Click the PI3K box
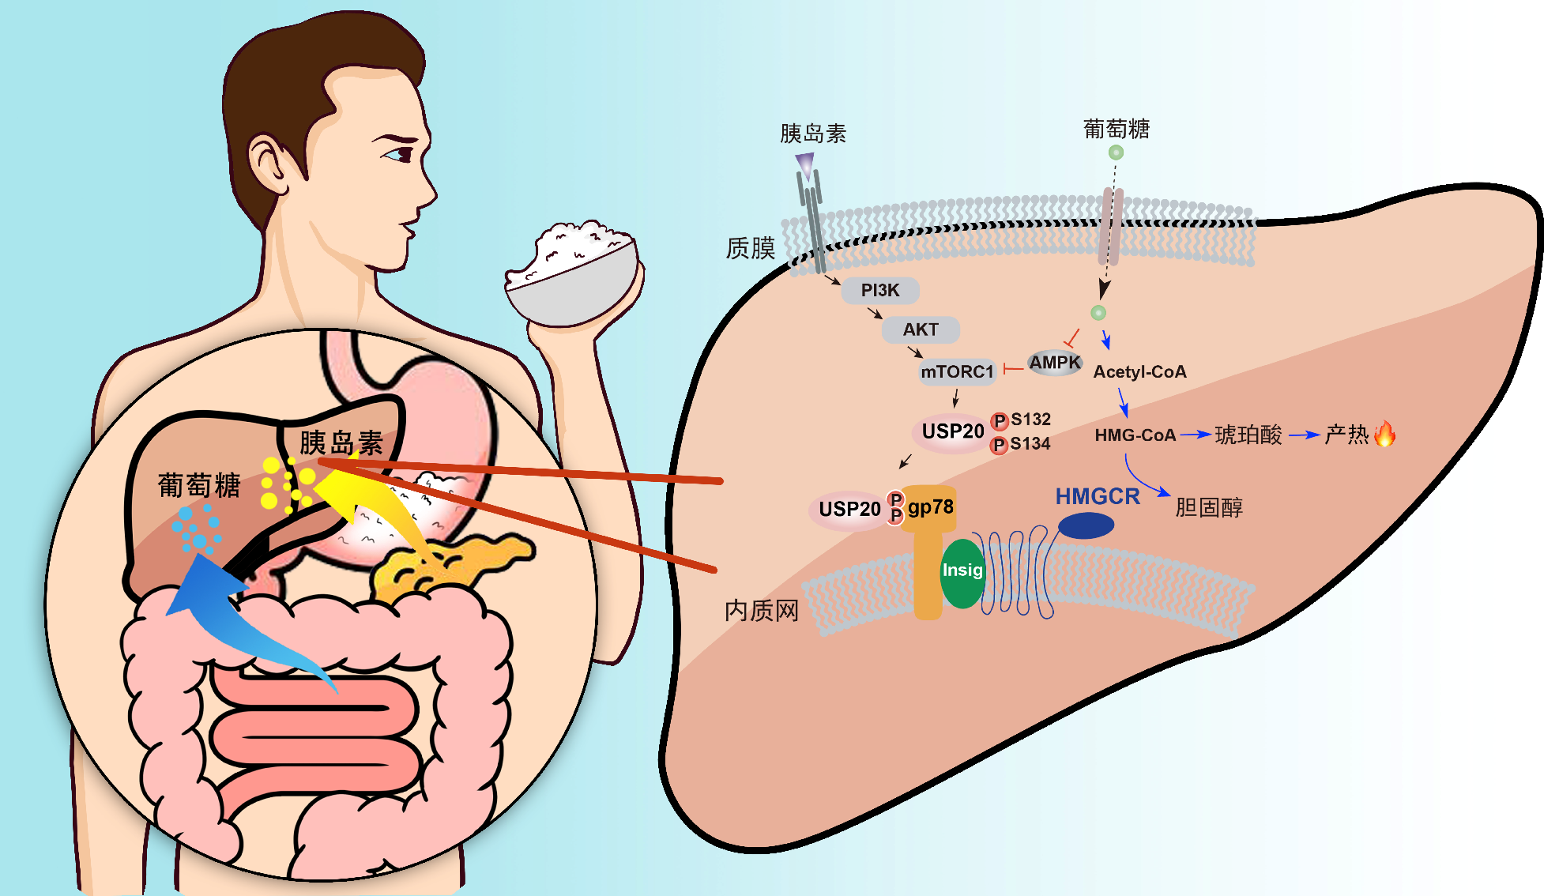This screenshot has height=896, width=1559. tap(880, 291)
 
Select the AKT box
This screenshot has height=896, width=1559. tap(921, 329)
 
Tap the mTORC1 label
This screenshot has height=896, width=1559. tap(957, 371)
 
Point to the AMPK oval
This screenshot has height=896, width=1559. tap(1055, 363)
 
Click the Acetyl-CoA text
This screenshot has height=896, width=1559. tap(1139, 372)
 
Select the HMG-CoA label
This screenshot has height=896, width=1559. tap(1135, 435)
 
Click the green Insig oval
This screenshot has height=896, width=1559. tap(962, 573)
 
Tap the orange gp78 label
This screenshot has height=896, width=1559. tap(931, 507)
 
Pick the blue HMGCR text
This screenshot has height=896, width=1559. tap(1098, 497)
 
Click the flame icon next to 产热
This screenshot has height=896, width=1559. tap(1384, 433)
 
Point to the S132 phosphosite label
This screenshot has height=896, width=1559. tap(1030, 420)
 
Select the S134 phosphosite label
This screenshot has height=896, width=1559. tap(1030, 444)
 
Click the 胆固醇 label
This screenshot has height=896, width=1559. tap(1209, 507)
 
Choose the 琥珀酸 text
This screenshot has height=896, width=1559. tap(1248, 435)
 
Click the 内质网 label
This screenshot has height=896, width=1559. tap(762, 610)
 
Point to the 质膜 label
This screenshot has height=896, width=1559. tap(751, 248)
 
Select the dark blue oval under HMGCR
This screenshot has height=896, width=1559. tap(1086, 525)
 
